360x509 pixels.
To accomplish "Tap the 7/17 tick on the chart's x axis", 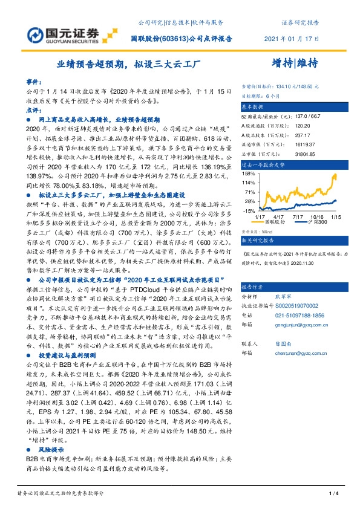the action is coord(298,216).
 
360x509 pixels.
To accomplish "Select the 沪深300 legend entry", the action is coord(315,222).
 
